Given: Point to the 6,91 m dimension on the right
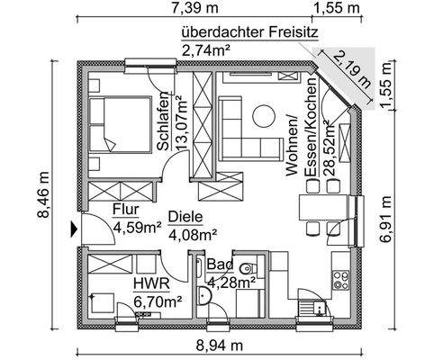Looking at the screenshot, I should (386, 220).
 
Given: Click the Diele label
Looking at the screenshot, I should (185, 217).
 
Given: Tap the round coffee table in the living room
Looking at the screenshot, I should (262, 115).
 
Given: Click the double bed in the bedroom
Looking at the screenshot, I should (122, 124).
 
